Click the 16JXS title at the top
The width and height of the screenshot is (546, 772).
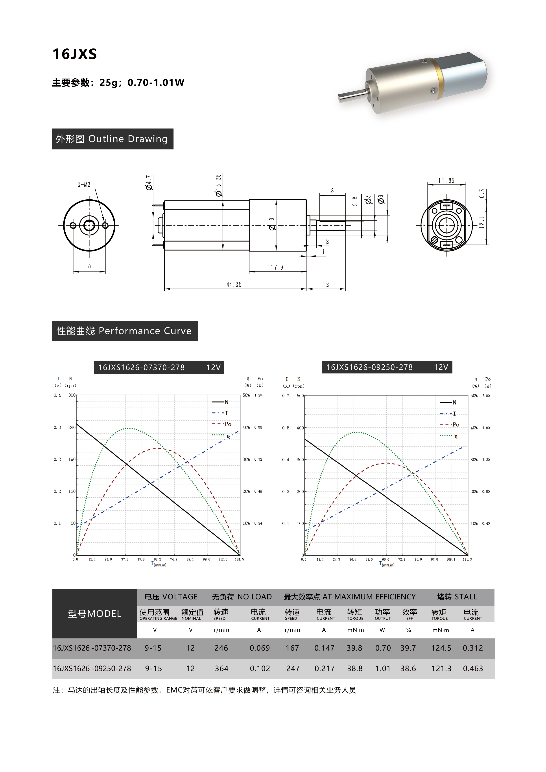pos(75,54)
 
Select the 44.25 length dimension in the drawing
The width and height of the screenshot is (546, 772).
pos(234,285)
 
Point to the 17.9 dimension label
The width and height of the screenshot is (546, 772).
pos(277,267)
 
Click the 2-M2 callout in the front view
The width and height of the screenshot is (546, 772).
pos(84,185)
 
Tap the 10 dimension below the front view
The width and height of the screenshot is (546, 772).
pos(88,267)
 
